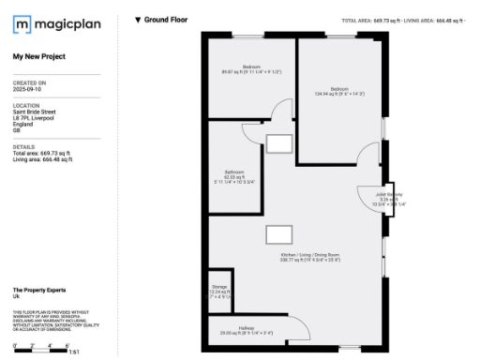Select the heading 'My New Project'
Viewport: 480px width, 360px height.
pyautogui.click(x=38, y=56)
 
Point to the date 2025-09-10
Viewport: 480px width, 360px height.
pyautogui.click(x=28, y=89)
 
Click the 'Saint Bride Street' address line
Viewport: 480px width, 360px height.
pyautogui.click(x=33, y=111)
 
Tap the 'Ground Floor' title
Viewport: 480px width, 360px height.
pyautogui.click(x=160, y=20)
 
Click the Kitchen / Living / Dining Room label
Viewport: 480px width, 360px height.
pyautogui.click(x=309, y=255)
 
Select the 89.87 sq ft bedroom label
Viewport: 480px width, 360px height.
pyautogui.click(x=251, y=67)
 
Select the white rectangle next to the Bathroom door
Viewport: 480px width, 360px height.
pyautogui.click(x=278, y=143)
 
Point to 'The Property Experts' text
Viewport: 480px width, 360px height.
pyautogui.click(x=38, y=290)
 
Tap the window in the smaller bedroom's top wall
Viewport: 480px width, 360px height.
pyautogui.click(x=248, y=35)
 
